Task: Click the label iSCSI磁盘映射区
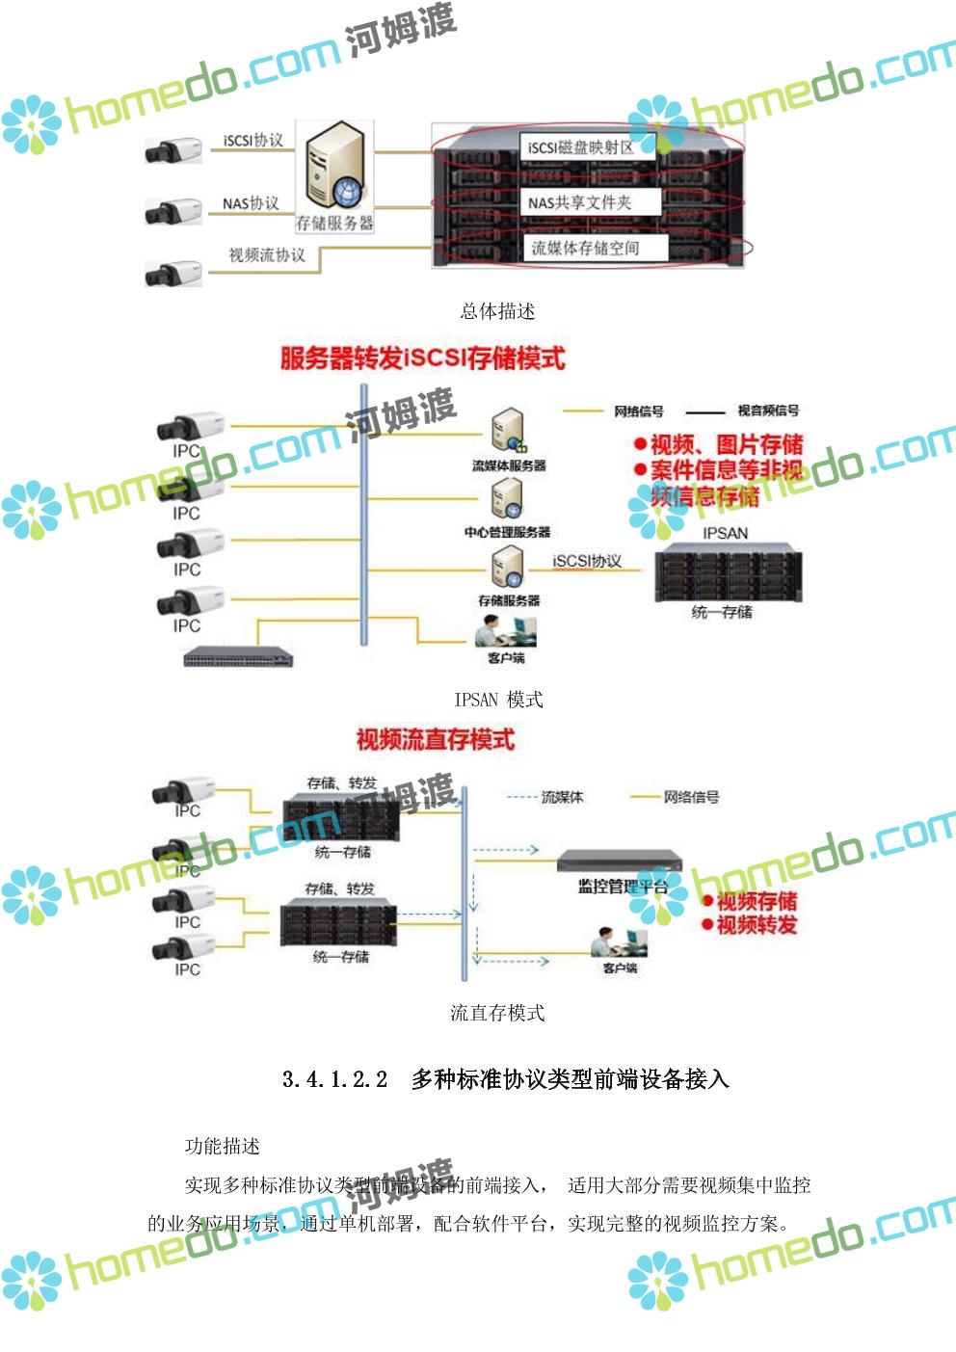coord(580,147)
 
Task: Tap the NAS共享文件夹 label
coord(579,202)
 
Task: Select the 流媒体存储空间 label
coord(585,248)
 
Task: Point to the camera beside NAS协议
coord(173,211)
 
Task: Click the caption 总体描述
coord(497,311)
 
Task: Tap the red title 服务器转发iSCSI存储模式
coord(422,358)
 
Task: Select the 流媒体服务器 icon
coord(508,431)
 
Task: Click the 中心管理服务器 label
coord(507,532)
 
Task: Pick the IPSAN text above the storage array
coord(725,533)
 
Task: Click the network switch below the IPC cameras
coord(238,657)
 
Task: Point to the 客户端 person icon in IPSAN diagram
coord(504,630)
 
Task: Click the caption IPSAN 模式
coord(498,700)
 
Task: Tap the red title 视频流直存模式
coord(436,739)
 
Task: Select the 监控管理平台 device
coord(619,860)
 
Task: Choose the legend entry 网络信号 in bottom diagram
coord(691,797)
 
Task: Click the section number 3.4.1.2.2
coord(334,1079)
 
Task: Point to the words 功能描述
coord(223,1146)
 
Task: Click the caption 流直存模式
coord(497,1013)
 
